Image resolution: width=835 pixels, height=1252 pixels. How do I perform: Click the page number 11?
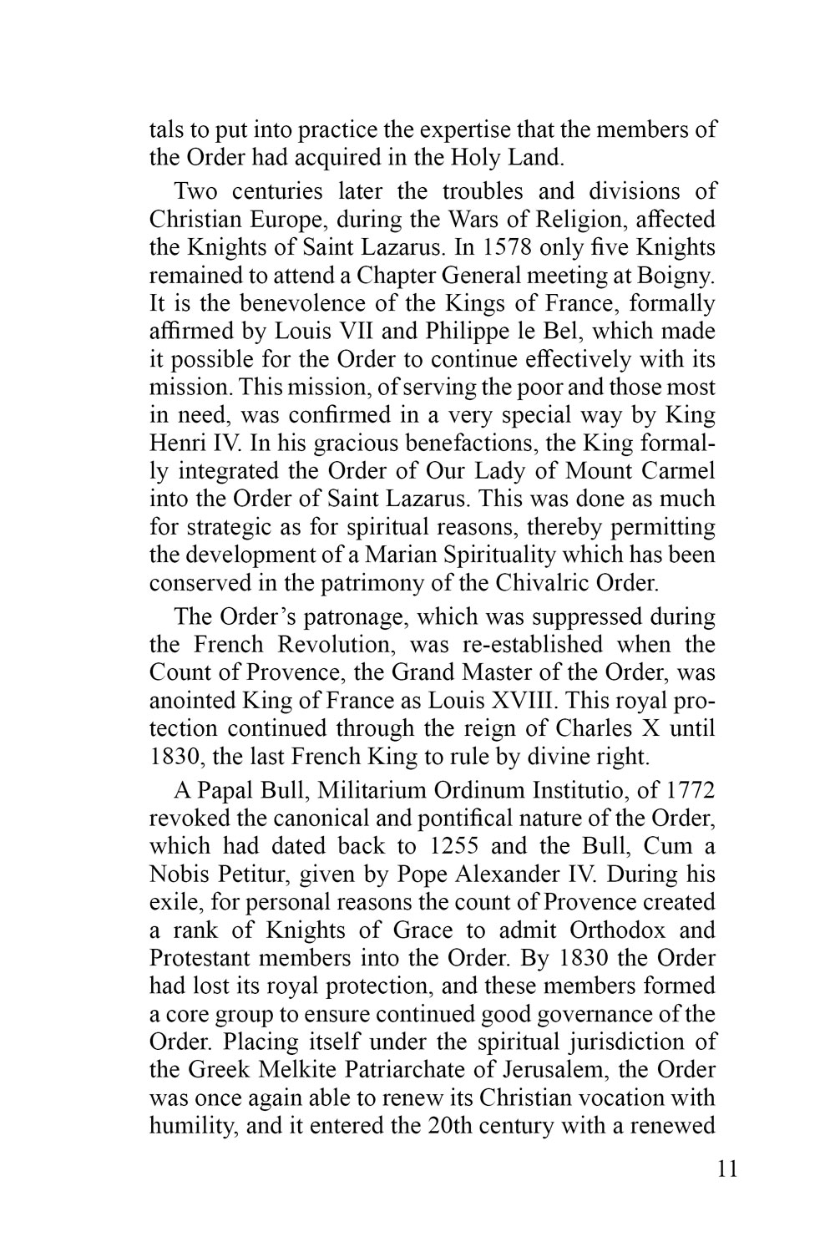click(727, 1168)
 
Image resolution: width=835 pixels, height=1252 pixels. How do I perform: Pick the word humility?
click(189, 1126)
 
